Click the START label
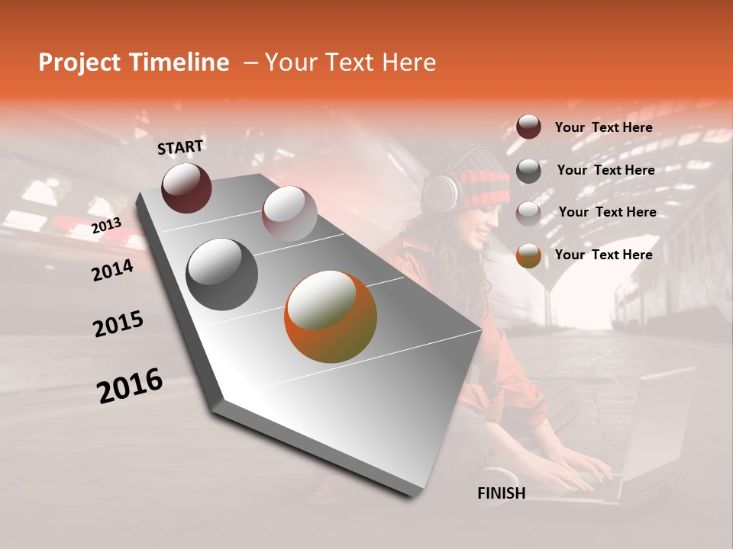pyautogui.click(x=180, y=147)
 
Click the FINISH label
pyautogui.click(x=501, y=493)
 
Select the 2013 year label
pyautogui.click(x=106, y=225)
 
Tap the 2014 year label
pyautogui.click(x=112, y=270)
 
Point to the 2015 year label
pyautogui.click(x=118, y=324)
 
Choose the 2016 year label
pyautogui.click(x=130, y=386)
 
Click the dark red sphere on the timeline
pyautogui.click(x=186, y=188)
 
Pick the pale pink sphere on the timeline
pyautogui.click(x=289, y=213)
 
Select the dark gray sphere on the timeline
pyautogui.click(x=221, y=274)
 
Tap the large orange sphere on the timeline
pyautogui.click(x=331, y=316)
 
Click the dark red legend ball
pyautogui.click(x=528, y=127)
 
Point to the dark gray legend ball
pyautogui.click(x=528, y=171)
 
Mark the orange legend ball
pyautogui.click(x=528, y=255)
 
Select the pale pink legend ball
pyautogui.click(x=528, y=213)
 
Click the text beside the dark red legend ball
pyautogui.click(x=603, y=127)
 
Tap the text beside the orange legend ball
pyautogui.click(x=603, y=255)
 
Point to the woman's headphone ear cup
pyautogui.click(x=442, y=193)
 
